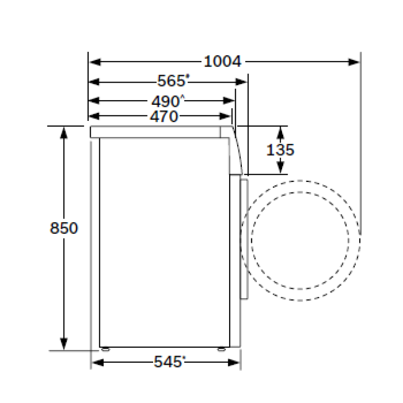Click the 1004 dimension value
(x=223, y=61)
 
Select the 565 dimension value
(x=171, y=81)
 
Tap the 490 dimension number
(x=165, y=101)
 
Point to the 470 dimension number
(x=164, y=116)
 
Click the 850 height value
(x=64, y=228)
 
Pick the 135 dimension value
(x=280, y=150)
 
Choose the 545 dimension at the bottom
(x=168, y=362)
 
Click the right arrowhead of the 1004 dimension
(x=354, y=62)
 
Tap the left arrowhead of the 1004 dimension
(x=95, y=62)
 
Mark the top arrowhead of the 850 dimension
(x=64, y=132)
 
